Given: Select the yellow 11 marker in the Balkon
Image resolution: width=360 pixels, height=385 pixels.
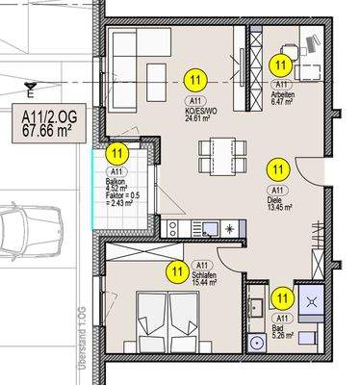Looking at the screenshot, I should [x=116, y=152].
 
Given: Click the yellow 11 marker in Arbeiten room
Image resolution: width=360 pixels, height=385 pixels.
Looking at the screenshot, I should [x=280, y=64].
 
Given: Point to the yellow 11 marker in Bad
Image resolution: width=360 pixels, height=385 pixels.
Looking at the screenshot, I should [x=281, y=299].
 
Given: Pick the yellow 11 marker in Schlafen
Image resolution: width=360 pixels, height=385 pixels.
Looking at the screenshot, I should [x=175, y=271].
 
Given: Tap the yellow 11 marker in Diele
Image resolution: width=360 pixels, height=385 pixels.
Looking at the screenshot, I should [x=277, y=169].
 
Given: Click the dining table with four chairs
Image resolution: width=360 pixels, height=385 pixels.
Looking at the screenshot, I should [x=218, y=152].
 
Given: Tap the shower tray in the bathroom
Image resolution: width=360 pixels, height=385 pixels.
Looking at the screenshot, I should [x=314, y=300].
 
